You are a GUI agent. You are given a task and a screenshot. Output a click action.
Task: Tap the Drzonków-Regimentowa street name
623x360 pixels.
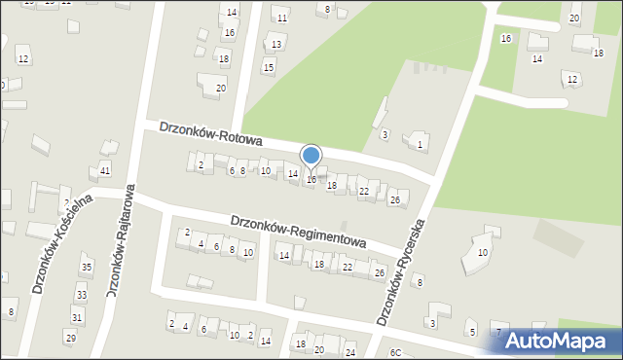coord(299,232)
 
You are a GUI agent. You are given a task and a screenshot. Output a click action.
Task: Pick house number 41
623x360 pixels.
coord(105,170)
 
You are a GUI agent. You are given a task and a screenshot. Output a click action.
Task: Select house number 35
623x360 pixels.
coord(87,267)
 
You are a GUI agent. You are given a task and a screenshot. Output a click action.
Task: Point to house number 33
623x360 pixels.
coord(82,295)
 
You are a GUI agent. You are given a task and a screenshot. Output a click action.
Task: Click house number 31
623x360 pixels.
coord(76,317)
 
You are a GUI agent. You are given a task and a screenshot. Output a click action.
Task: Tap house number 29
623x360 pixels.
coord(70,337)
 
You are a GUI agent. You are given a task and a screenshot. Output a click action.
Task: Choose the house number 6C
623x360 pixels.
coord(395,352)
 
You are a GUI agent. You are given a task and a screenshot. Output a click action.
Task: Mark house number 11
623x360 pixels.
coord(281,18)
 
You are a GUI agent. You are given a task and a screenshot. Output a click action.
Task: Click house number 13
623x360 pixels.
coord(276,44)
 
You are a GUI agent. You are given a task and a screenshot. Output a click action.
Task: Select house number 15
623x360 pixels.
coord(269,67)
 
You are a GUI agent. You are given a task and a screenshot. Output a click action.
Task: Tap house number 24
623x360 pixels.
coord(350,352)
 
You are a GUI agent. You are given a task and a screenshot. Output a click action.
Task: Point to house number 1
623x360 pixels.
coord(420,145)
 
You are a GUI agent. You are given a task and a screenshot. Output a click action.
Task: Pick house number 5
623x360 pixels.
coord(472,332)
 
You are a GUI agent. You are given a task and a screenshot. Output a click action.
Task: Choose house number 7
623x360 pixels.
coord(498,333)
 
